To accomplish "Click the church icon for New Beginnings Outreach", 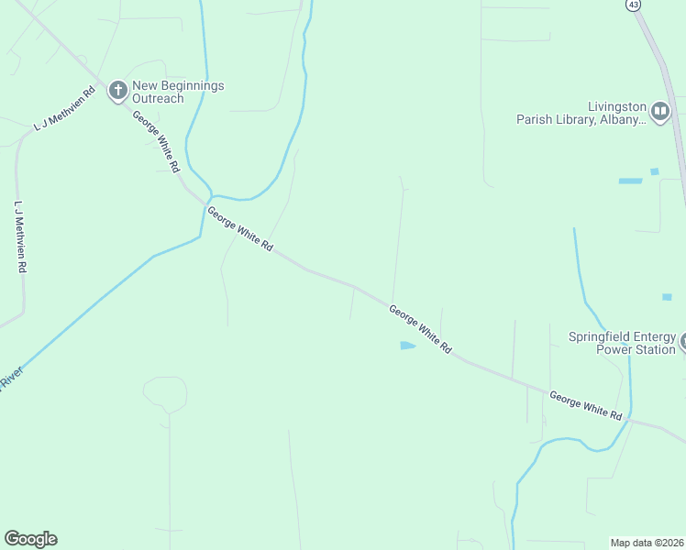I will coord(117,91).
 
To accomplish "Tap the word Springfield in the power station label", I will coord(597,336).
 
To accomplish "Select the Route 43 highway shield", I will coord(634,5).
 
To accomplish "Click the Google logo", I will coord(30,539).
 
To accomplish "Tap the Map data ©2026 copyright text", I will coord(647,543).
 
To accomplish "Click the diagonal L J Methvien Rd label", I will coord(65,110).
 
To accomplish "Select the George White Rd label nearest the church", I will coord(155,142).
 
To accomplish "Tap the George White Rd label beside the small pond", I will coord(420,330).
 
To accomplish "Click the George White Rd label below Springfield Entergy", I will coord(586,405).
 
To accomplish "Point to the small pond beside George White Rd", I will coord(407,346).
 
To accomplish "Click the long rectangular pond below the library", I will coord(630,181).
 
